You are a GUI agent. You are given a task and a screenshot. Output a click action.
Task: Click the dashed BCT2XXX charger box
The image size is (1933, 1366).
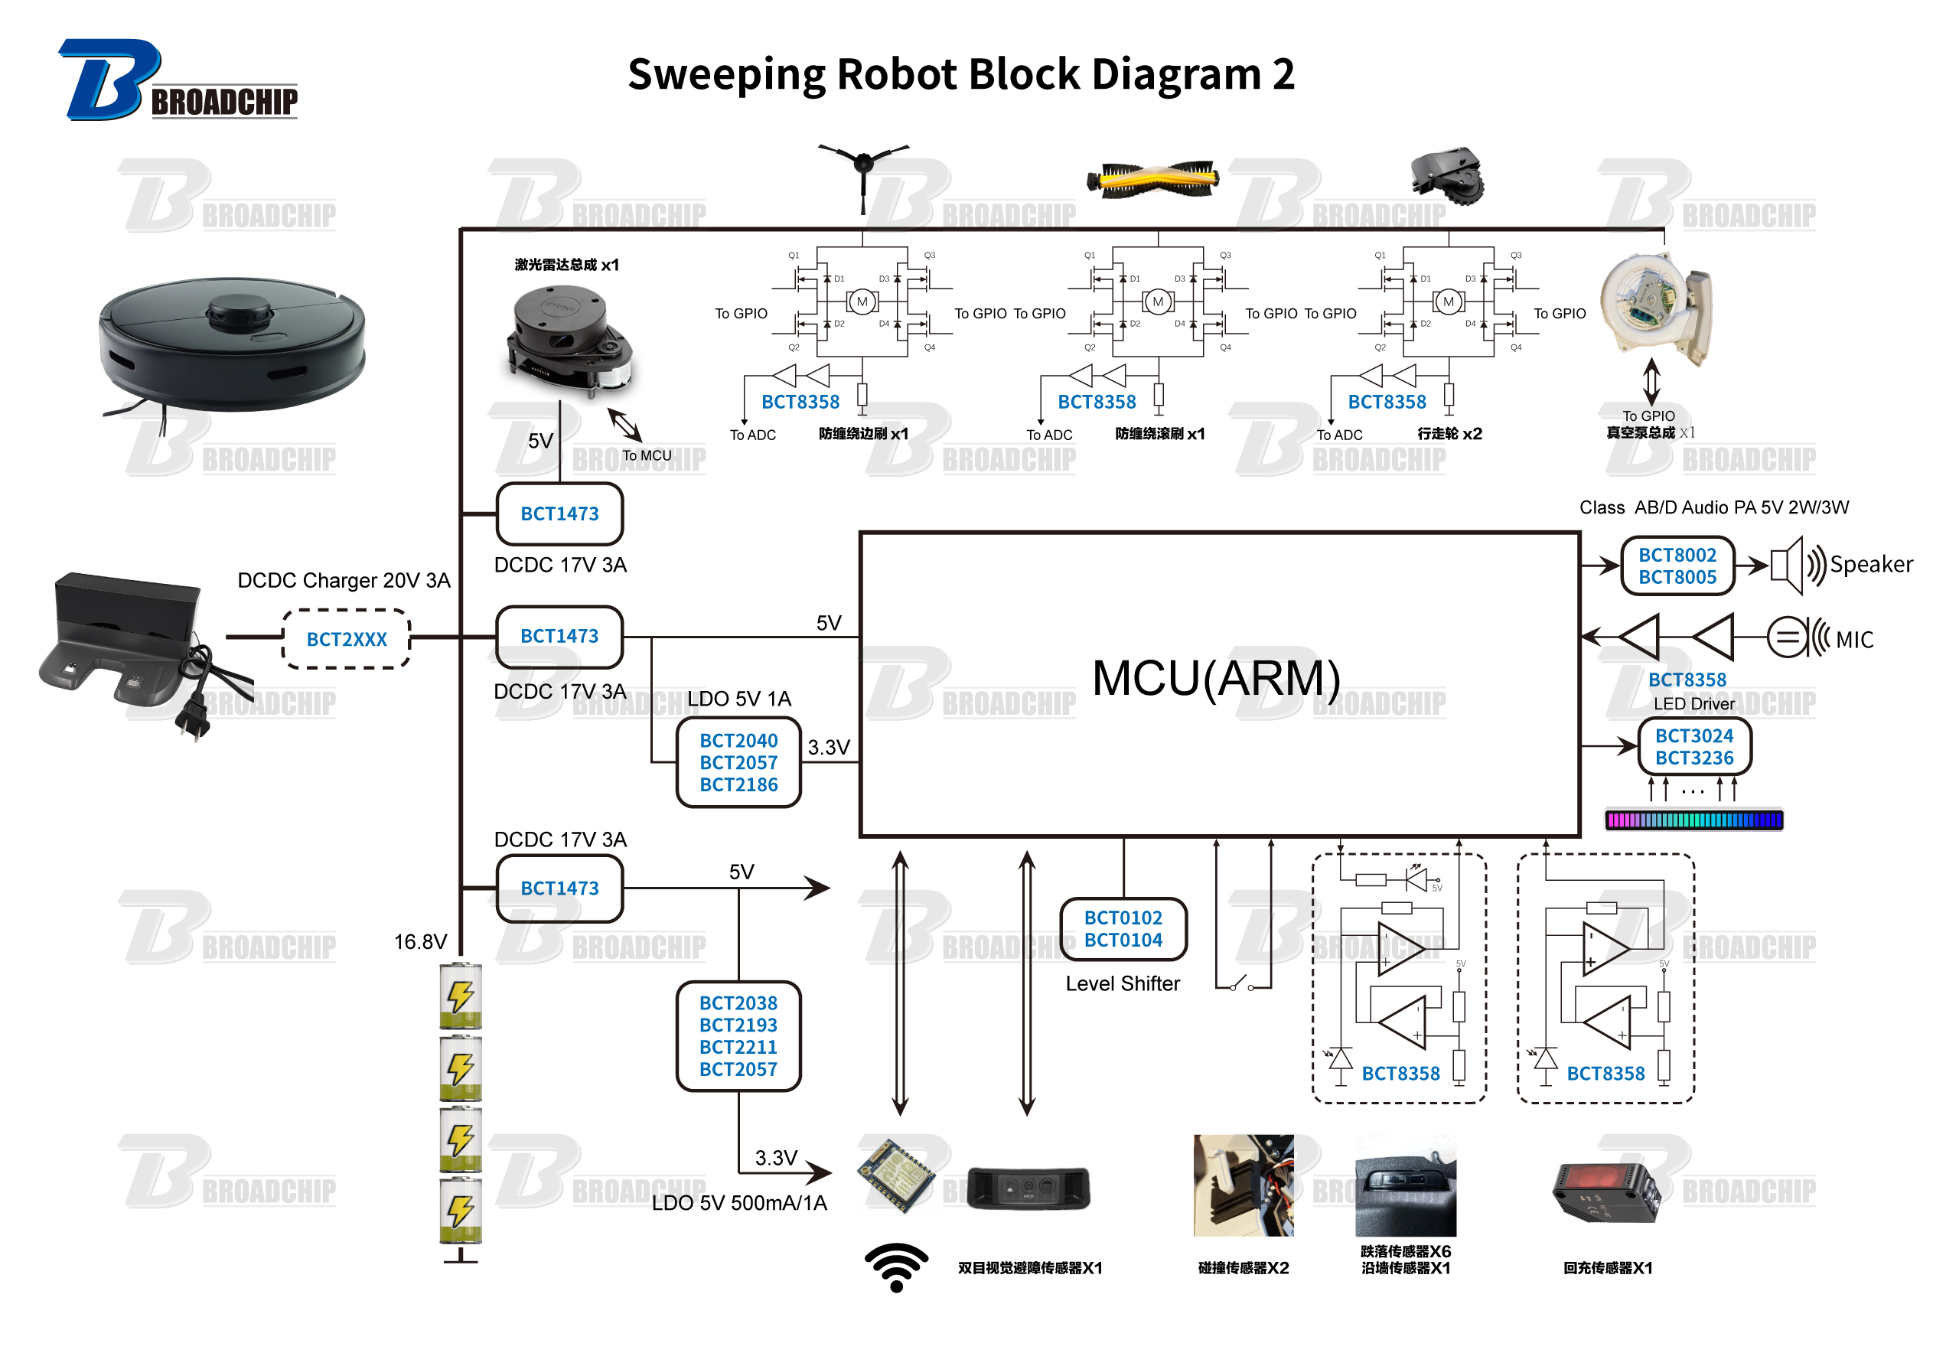click(346, 639)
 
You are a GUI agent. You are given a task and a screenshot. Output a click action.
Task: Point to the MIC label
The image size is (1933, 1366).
click(1854, 640)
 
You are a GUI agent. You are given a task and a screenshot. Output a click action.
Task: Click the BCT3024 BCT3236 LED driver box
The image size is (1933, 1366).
click(1694, 747)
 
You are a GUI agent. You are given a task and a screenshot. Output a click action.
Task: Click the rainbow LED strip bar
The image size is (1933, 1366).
click(1694, 820)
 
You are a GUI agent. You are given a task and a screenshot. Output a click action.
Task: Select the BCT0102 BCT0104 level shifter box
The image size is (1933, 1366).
click(1123, 929)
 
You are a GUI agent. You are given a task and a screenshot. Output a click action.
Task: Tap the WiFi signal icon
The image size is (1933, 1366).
click(896, 1266)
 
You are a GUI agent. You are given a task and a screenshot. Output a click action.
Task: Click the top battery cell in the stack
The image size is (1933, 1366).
click(461, 996)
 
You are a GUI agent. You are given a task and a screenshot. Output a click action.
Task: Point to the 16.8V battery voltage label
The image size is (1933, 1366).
click(420, 941)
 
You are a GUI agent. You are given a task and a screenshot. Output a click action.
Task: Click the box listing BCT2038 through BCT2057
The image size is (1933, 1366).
click(738, 1036)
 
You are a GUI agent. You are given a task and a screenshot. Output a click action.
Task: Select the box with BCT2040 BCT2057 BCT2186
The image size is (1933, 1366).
click(738, 762)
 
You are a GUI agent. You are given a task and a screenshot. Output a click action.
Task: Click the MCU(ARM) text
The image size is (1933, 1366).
click(1216, 678)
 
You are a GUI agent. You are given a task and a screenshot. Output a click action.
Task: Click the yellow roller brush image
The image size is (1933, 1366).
click(1152, 178)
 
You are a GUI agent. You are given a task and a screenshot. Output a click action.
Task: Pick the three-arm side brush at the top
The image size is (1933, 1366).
click(863, 168)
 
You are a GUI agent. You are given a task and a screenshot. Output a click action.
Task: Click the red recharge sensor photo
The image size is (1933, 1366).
click(1605, 1192)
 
